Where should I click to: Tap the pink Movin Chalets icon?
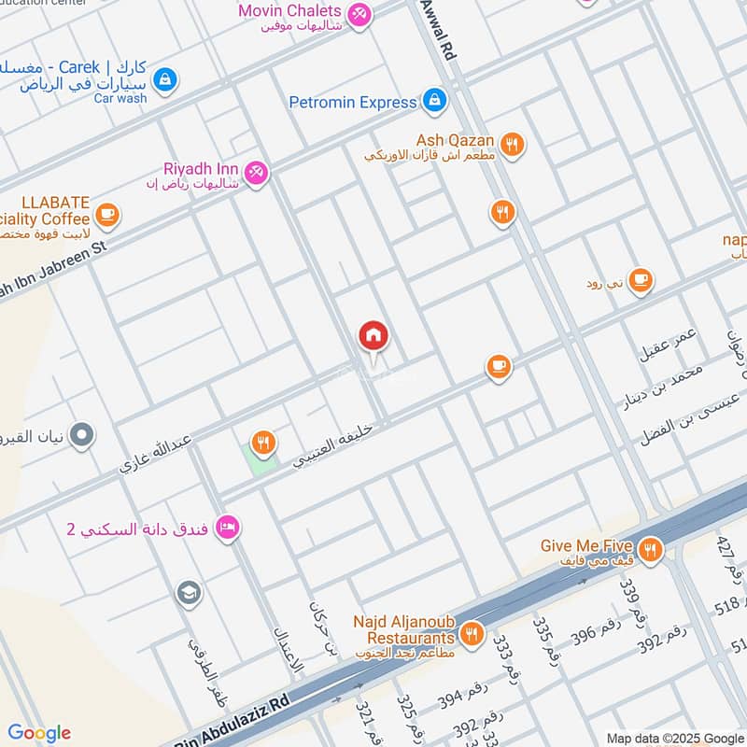(358, 14)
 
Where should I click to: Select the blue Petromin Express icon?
(433, 101)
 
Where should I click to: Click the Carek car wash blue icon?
(165, 80)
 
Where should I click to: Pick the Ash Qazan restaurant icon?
(511, 144)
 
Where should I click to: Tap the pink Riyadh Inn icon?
(256, 172)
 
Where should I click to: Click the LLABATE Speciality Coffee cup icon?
(106, 215)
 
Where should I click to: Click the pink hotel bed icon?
(227, 529)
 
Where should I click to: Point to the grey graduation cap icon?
(189, 593)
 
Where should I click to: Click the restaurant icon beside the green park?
(265, 444)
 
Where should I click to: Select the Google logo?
(39, 732)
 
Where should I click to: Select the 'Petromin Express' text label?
(352, 102)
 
